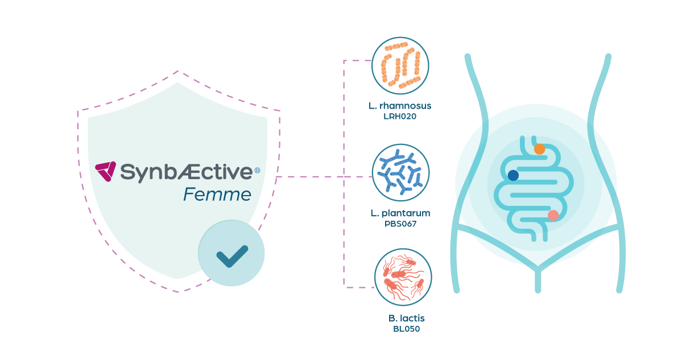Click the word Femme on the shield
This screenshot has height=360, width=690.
coord(217,195)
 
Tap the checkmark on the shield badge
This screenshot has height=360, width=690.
coord(232,255)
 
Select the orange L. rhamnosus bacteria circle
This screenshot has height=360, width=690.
coord(400,66)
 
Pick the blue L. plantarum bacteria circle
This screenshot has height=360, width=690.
coord(400,172)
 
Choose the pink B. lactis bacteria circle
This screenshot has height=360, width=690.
coord(403,278)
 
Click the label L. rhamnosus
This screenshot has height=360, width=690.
coord(400,106)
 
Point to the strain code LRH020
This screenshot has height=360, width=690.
coord(400,117)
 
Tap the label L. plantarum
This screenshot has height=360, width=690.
coord(400,213)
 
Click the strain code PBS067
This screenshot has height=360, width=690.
coord(400,224)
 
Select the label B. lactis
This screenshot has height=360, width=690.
coord(406,318)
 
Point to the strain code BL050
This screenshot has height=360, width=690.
coord(406,329)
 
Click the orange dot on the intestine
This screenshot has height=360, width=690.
coord(539,149)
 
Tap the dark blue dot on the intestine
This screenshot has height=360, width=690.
coord(513,175)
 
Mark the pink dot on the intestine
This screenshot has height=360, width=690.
coord(553,215)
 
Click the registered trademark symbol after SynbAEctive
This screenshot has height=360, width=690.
coord(257,170)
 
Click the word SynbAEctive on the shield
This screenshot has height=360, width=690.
coord(187,171)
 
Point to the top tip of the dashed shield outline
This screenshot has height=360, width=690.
coord(179,71)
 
